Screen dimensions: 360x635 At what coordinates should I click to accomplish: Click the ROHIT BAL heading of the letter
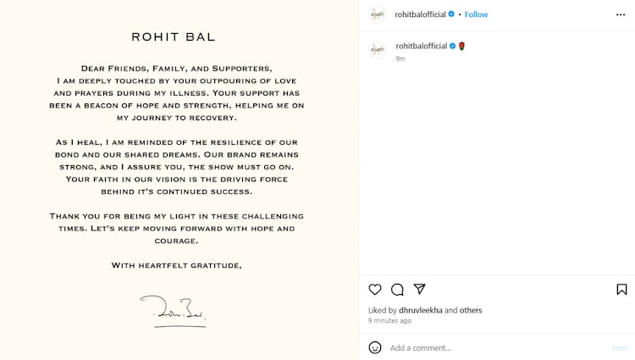pyautogui.click(x=173, y=37)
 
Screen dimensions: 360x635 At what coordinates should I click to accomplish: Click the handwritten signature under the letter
pyautogui.click(x=173, y=311)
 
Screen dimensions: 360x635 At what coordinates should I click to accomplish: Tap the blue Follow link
pyautogui.click(x=476, y=14)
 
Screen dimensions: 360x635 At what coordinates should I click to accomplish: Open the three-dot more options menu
pyautogui.click(x=621, y=14)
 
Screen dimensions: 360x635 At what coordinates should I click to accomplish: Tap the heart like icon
pyautogui.click(x=375, y=290)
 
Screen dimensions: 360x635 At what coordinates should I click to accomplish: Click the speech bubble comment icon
pyautogui.click(x=397, y=290)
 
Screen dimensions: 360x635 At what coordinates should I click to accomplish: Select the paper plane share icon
pyautogui.click(x=419, y=290)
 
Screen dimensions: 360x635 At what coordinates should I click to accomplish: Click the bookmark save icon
pyautogui.click(x=621, y=290)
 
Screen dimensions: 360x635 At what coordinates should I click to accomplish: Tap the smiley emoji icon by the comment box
pyautogui.click(x=375, y=347)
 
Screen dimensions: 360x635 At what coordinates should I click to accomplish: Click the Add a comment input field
pyautogui.click(x=491, y=348)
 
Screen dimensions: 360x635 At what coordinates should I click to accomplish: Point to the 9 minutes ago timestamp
pyautogui.click(x=389, y=321)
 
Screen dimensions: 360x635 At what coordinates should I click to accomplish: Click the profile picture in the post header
pyautogui.click(x=377, y=14)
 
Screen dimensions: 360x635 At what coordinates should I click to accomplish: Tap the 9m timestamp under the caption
pyautogui.click(x=400, y=58)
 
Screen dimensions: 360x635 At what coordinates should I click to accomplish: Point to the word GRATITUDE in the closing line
pyautogui.click(x=212, y=266)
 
